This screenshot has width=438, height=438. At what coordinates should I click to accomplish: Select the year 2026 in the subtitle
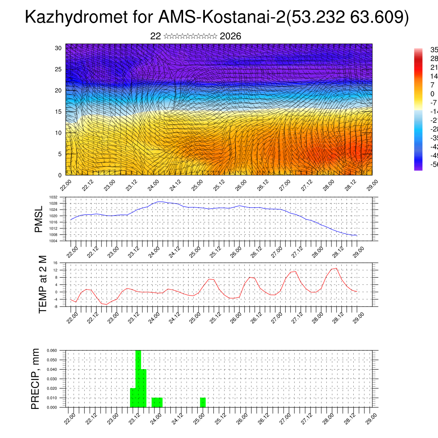pos(230,36)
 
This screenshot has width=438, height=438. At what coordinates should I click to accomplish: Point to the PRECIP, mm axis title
pos(36,379)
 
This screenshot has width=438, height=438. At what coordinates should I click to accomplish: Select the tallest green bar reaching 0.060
pos(138,379)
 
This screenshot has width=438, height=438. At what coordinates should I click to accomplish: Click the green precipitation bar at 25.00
pos(203,402)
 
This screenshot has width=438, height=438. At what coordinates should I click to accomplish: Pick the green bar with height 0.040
pos(144,388)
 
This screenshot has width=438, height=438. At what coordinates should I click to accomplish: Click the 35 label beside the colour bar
pos(433,50)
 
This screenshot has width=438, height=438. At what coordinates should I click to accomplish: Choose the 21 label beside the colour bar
pos(433,68)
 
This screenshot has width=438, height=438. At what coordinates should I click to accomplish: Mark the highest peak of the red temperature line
pos(336,268)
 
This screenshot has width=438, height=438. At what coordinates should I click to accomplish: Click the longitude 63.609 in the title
pos(376,18)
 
